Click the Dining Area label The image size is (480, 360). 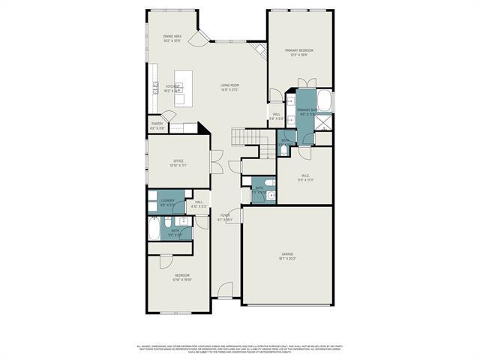(x=173, y=37)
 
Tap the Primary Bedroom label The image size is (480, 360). (x=298, y=51)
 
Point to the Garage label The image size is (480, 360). (x=287, y=256)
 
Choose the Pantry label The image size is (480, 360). (x=157, y=126)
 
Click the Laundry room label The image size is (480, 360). (x=167, y=201)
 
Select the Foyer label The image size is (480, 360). (x=223, y=217)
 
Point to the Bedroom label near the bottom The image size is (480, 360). (x=181, y=277)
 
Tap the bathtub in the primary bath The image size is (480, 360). (x=325, y=101)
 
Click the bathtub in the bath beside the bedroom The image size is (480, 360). (x=154, y=227)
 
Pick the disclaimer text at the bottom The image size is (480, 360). (x=240, y=349)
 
